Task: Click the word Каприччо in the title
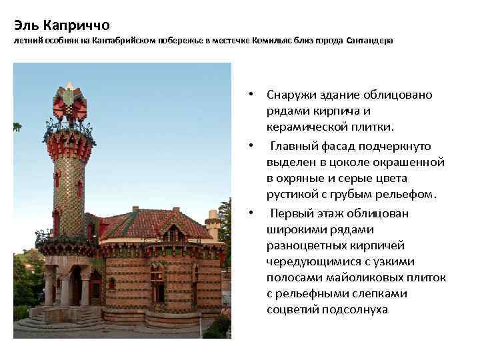pos(73,26)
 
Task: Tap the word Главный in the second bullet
pos(296,145)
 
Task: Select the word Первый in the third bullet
pos(293,213)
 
